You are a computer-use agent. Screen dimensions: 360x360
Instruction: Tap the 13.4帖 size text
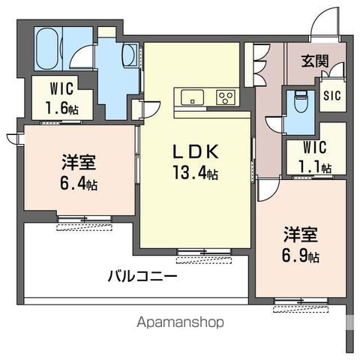(x=196, y=174)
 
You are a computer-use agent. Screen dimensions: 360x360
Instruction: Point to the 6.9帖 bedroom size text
(x=301, y=256)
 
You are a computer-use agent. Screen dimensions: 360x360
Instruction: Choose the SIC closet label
(x=331, y=96)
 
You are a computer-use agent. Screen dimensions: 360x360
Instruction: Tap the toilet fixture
(x=301, y=100)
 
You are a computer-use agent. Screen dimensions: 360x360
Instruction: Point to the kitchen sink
(x=190, y=96)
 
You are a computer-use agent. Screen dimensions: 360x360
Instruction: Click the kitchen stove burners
(x=226, y=96)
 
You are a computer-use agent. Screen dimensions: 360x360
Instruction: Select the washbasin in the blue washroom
(x=128, y=55)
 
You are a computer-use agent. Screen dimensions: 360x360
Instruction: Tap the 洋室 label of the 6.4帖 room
(x=79, y=163)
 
